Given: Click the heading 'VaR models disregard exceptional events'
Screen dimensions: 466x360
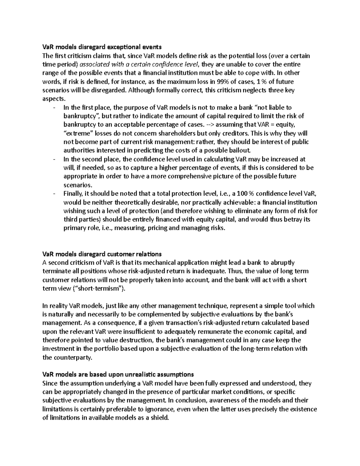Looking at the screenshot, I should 102,47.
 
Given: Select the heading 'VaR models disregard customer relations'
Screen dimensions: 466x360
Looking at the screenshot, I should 102,254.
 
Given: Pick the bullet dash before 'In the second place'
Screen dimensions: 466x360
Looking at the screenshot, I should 54,159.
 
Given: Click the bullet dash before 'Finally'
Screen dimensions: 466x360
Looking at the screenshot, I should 54,194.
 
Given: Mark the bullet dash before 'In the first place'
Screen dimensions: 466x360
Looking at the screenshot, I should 54,107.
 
